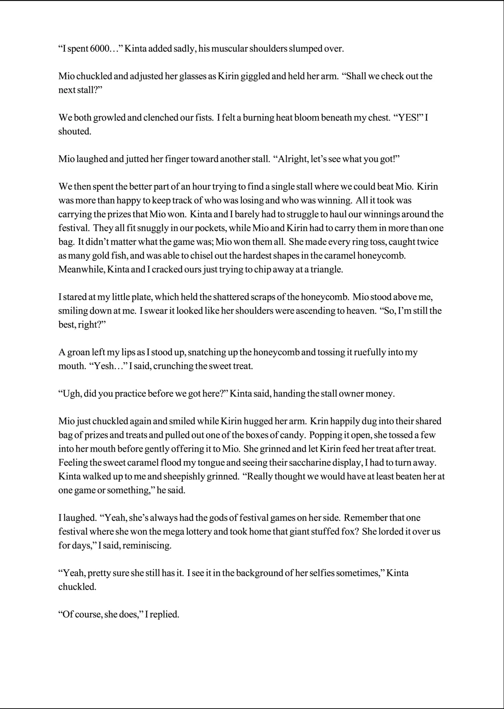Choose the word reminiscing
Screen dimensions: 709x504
click(147, 546)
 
